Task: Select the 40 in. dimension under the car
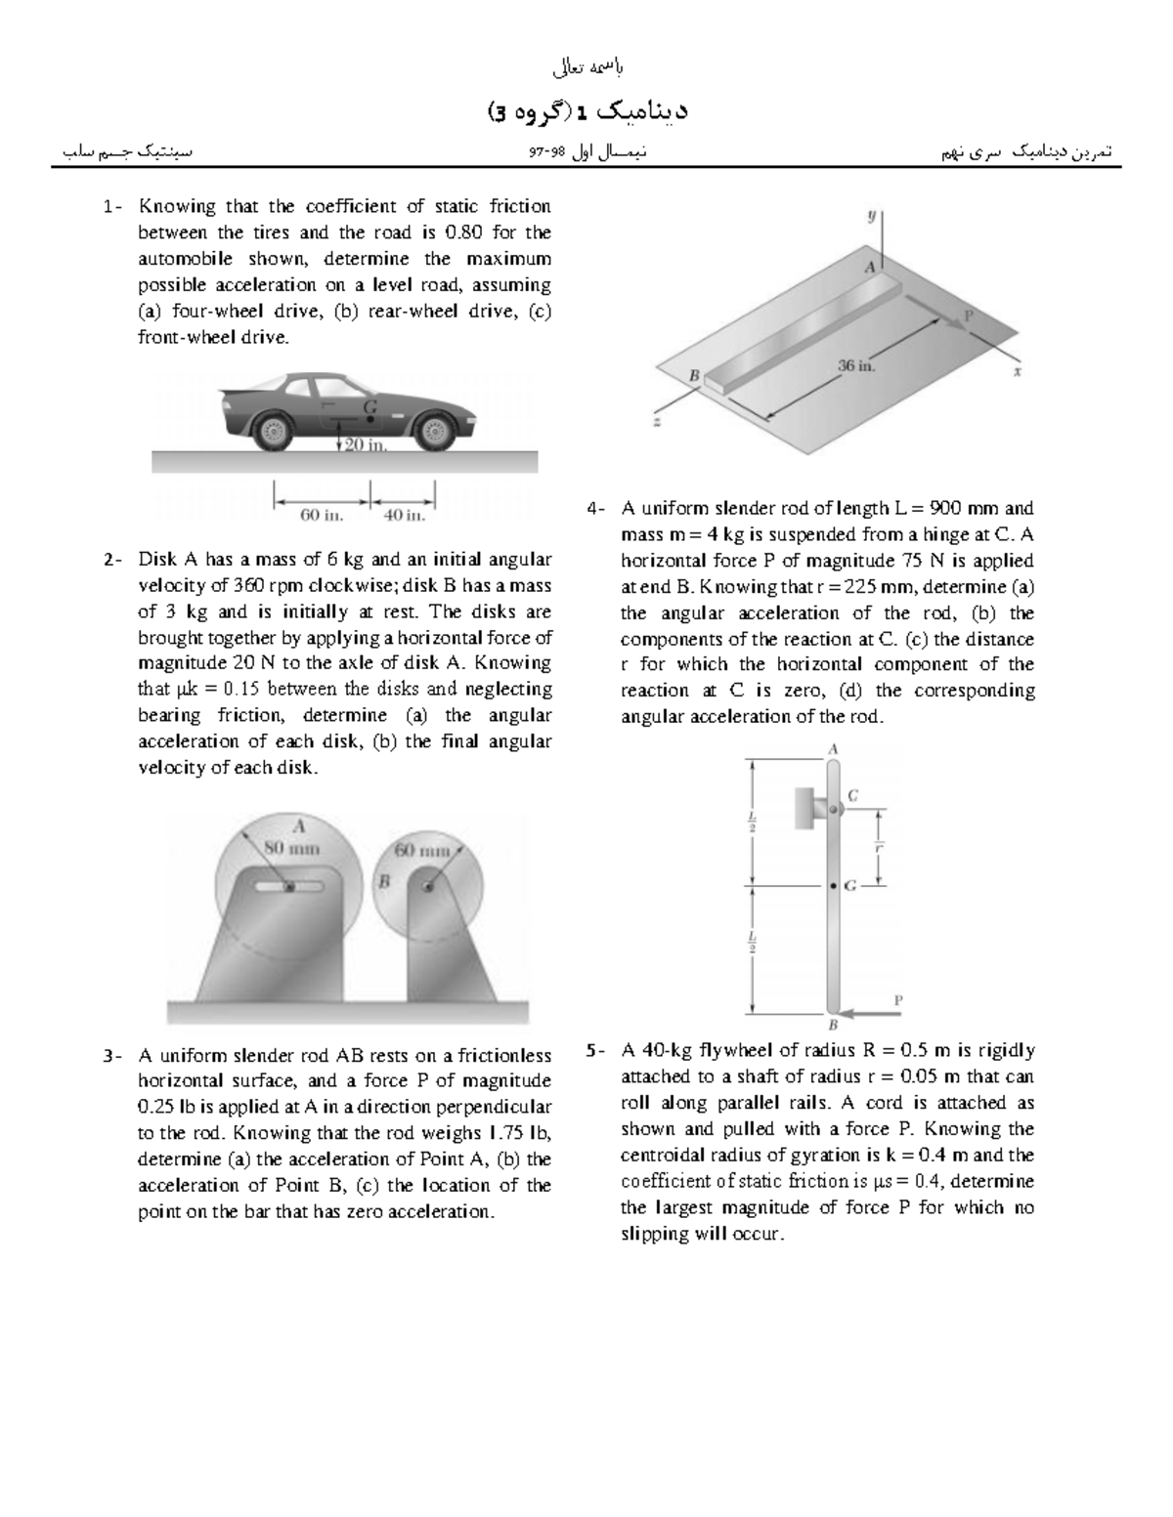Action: coord(404,515)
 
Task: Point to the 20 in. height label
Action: coord(367,444)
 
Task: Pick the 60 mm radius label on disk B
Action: coord(421,850)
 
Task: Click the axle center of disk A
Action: coord(289,887)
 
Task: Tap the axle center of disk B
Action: coord(429,887)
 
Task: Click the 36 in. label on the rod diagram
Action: coord(857,365)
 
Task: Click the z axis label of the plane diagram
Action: coord(657,420)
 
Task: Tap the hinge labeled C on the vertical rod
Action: coord(833,809)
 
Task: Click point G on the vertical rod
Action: coord(833,886)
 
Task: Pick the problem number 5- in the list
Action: coord(596,1051)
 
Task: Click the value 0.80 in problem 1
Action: coord(463,232)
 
